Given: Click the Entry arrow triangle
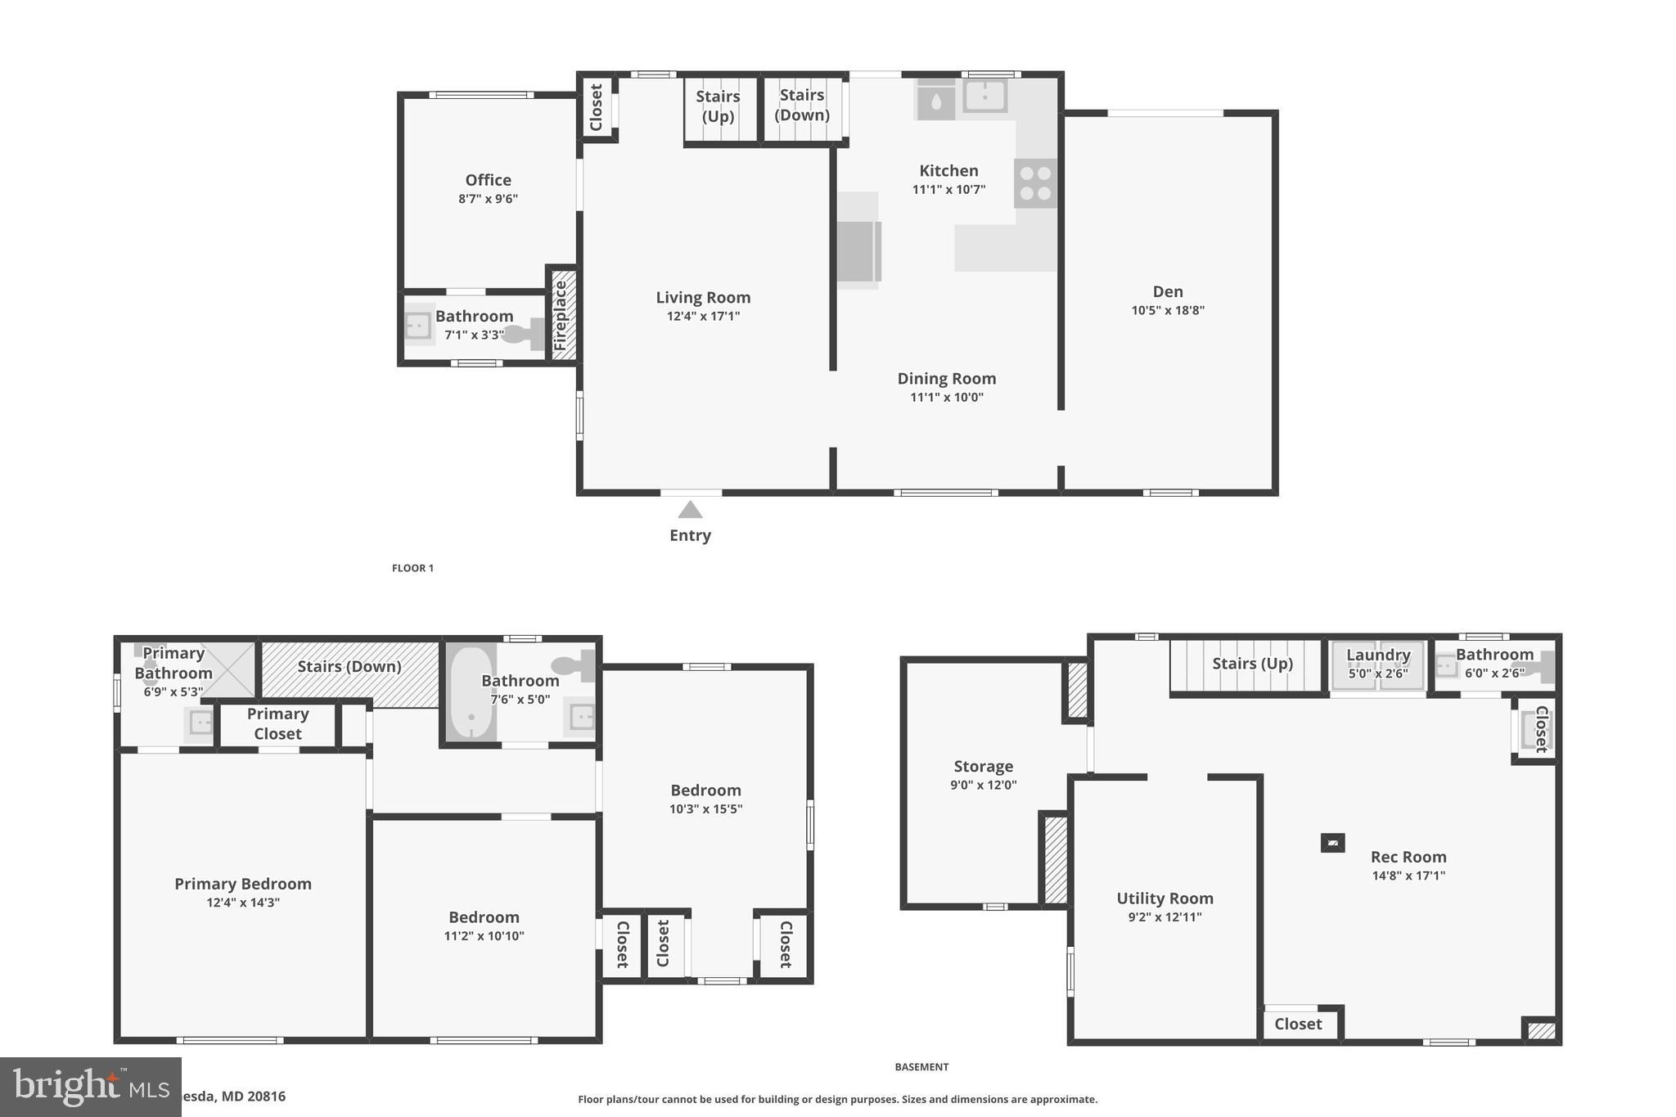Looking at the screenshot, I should tap(690, 510).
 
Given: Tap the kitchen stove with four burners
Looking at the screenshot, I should tap(1035, 183).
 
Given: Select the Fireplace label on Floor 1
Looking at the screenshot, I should tap(561, 316).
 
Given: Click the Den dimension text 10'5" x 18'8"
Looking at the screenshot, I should tap(1168, 310).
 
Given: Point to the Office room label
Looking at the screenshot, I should tap(488, 180).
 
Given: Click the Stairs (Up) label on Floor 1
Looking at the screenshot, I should tap(718, 106).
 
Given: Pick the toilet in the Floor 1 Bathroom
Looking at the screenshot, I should tap(523, 334).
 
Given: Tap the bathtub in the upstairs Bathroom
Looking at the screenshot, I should tap(471, 694).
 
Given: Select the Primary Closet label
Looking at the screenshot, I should tap(277, 723).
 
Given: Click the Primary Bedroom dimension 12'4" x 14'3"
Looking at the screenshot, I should tap(243, 903).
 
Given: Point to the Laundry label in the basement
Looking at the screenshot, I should tap(1378, 655).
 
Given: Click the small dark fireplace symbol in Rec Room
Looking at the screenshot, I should tap(1332, 842).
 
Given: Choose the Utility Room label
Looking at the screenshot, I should tap(1165, 898).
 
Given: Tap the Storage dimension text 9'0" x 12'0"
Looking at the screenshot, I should tap(983, 785).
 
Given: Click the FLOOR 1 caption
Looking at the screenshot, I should tap(412, 568).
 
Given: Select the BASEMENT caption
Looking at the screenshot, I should tap(921, 1066).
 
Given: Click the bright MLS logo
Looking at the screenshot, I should tap(90, 1087).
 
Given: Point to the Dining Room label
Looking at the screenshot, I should tap(946, 378).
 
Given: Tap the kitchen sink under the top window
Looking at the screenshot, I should tap(984, 97).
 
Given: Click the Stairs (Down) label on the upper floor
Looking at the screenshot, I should tap(349, 666).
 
